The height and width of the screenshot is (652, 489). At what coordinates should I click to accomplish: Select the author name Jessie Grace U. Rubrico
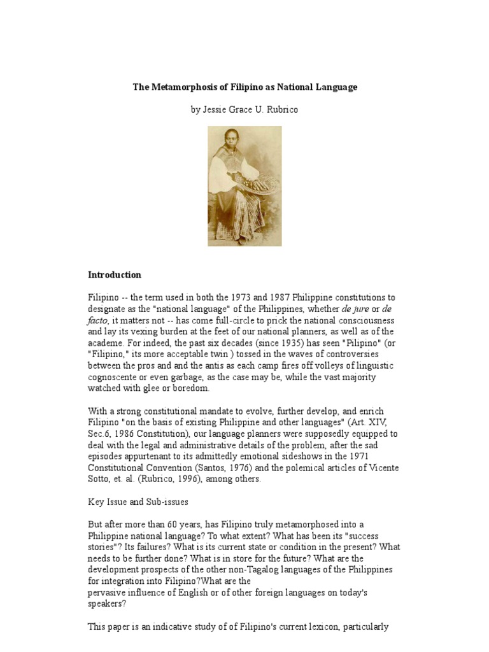[x=244, y=110]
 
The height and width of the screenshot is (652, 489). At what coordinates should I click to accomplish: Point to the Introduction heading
[x=115, y=275]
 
